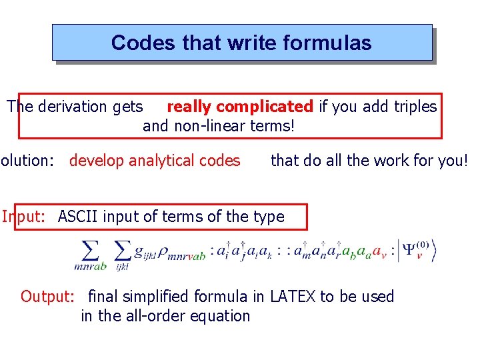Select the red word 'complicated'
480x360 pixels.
(x=265, y=107)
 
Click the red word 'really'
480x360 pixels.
(x=189, y=107)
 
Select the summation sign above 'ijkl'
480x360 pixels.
(x=121, y=251)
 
